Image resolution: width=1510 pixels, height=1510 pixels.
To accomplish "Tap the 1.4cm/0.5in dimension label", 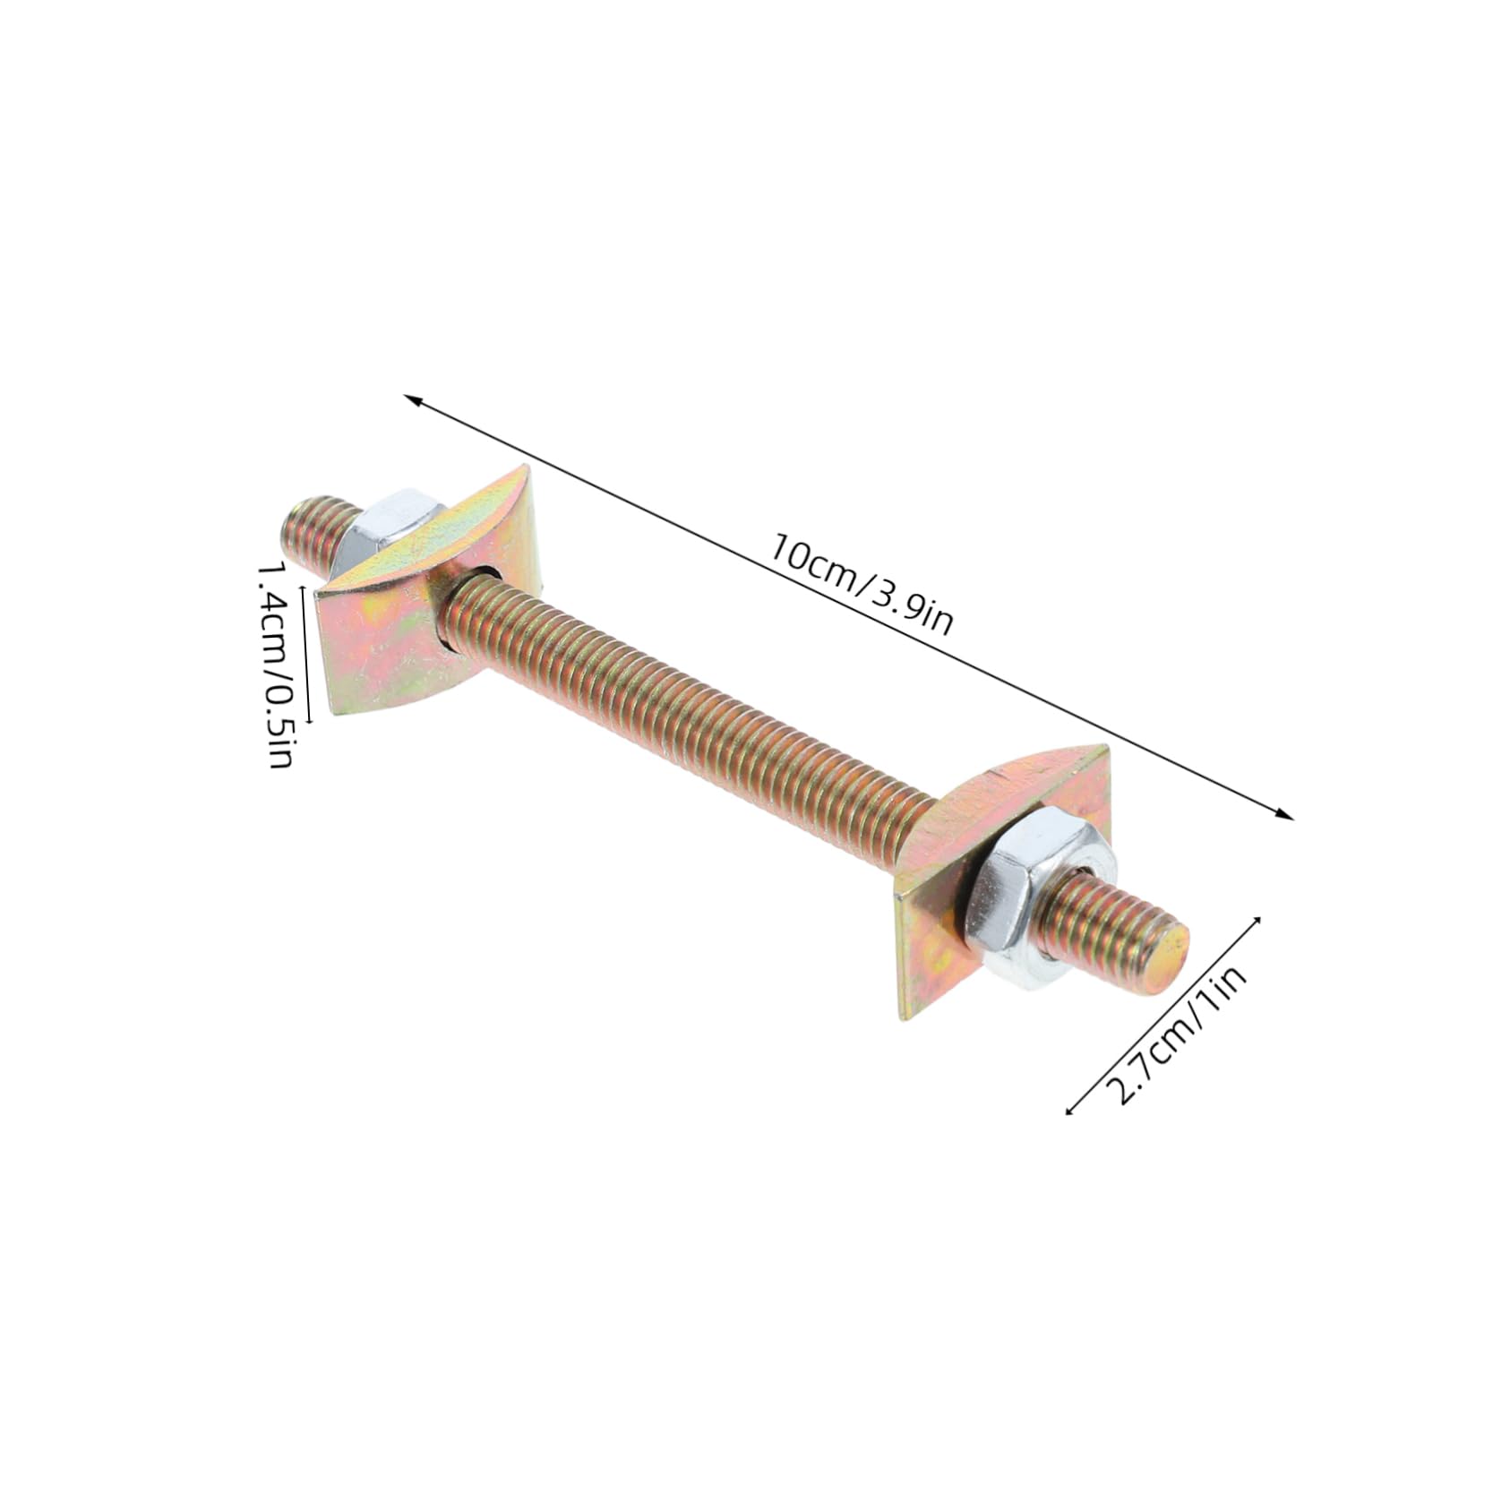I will point(275,665).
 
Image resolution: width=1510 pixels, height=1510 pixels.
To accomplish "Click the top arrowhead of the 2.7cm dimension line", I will point(1257,919).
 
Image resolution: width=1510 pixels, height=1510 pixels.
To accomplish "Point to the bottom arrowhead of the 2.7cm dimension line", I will point(1068,1112).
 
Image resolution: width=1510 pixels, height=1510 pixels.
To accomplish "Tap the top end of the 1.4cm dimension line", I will point(309,588).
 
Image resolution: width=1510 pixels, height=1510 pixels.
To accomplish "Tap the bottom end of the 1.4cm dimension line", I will point(309,720).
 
